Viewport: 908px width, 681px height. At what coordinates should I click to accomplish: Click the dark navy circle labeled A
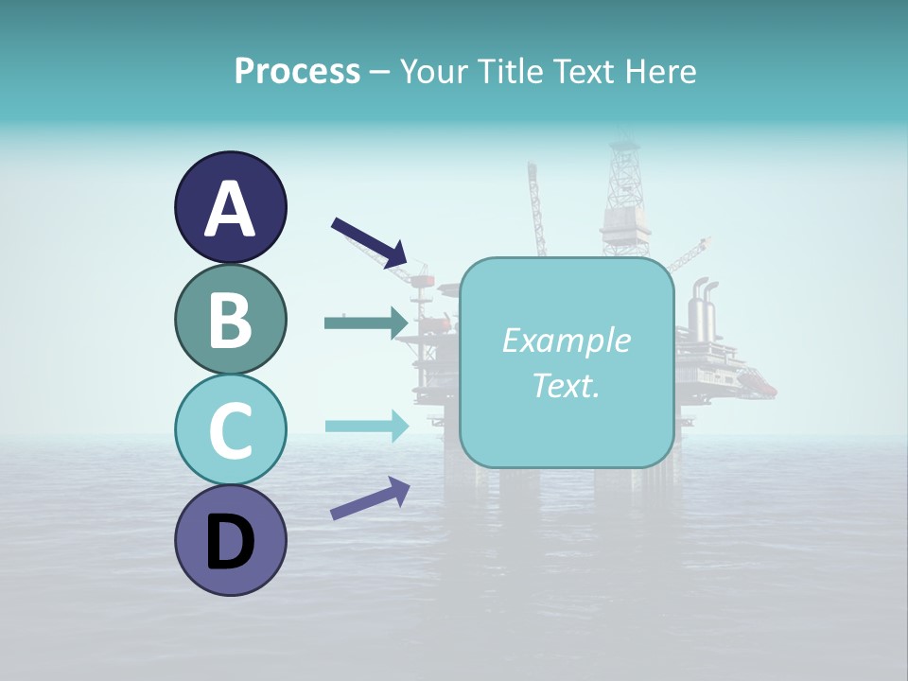pos(230,207)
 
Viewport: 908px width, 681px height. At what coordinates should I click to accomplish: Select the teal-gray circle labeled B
pos(230,319)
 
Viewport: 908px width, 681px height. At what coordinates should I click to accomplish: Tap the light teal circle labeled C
pos(230,429)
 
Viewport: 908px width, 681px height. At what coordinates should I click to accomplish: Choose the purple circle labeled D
pos(230,540)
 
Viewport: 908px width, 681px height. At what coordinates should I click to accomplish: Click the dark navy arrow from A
pos(369,242)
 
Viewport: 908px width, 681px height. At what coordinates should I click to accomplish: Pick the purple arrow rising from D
pos(370,498)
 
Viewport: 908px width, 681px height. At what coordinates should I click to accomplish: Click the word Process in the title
pos(297,71)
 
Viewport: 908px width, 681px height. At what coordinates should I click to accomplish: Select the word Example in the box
pos(566,340)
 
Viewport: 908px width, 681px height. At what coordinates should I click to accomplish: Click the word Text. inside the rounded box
pos(566,385)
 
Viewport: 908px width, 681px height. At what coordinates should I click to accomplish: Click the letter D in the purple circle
pos(230,542)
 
